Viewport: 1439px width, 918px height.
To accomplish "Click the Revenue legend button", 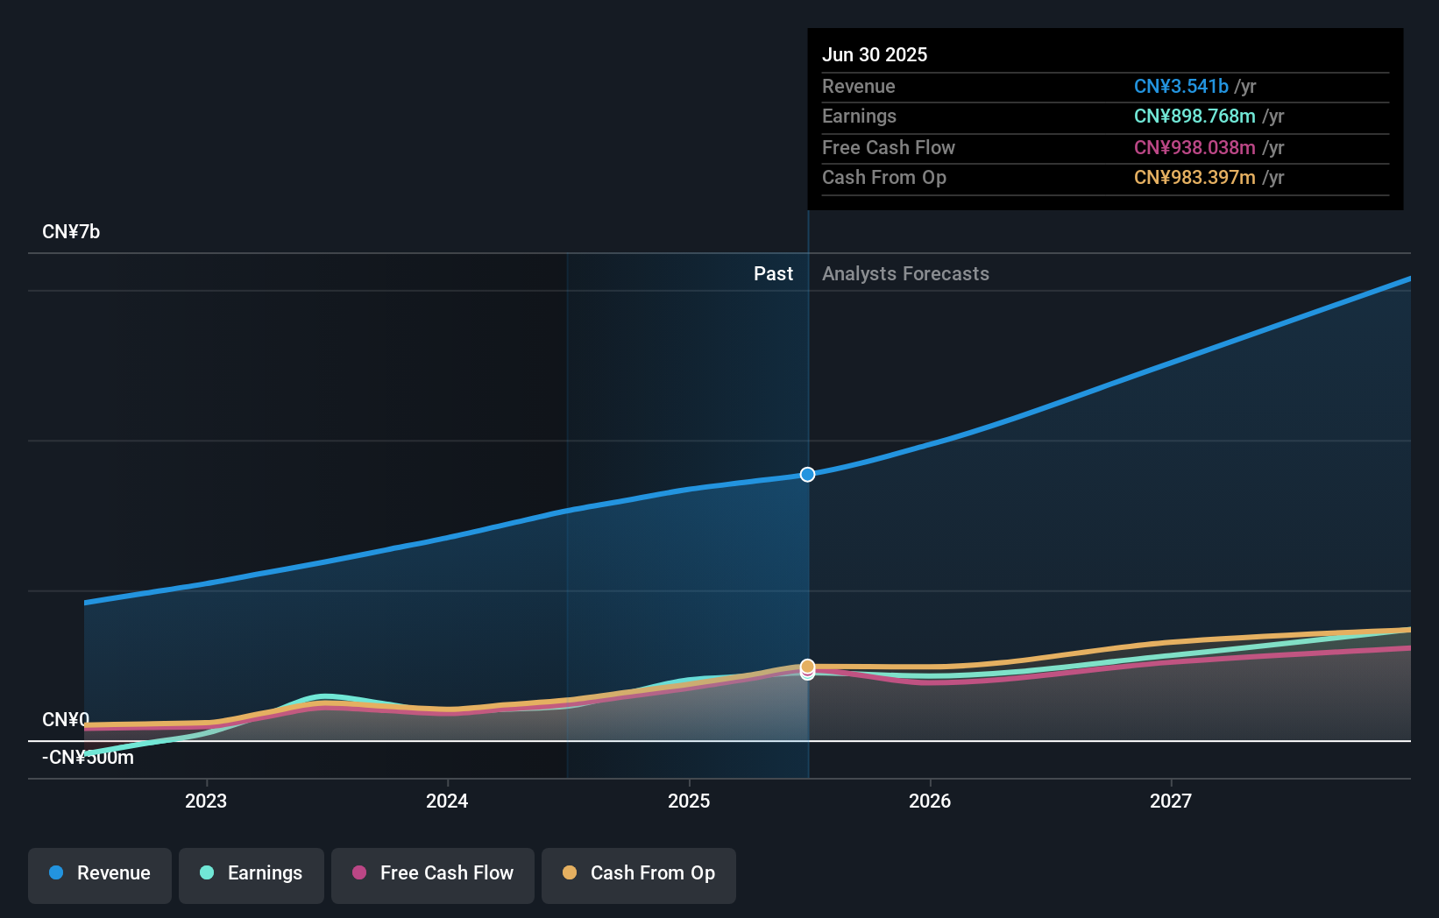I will (100, 874).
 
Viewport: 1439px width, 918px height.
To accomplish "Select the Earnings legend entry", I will (252, 874).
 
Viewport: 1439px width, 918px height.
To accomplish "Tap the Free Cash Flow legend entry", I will (433, 874).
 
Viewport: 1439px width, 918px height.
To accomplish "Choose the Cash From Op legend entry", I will (639, 874).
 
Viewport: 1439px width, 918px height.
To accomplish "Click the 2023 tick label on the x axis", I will (206, 801).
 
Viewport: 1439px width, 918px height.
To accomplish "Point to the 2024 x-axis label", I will (447, 801).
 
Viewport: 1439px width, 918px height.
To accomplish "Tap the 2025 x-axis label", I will (689, 801).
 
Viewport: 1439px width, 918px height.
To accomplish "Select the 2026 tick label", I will (930, 801).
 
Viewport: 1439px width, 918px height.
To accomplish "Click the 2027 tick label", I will (1171, 801).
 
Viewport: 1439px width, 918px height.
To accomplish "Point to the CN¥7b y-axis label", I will (71, 232).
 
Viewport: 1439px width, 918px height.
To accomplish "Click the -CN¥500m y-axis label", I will (88, 758).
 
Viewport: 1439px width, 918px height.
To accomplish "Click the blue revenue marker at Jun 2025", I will (807, 475).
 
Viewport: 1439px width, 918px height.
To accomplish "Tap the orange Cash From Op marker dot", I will (807, 667).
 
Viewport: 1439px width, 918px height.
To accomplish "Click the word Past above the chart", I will (773, 274).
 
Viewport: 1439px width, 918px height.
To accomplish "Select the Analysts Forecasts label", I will (905, 274).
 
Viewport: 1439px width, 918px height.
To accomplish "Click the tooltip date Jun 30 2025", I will (875, 55).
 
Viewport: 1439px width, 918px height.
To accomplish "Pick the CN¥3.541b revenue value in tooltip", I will (1180, 87).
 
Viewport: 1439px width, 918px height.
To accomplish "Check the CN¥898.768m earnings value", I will (1194, 117).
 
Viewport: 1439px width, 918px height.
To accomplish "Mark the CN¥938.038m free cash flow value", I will (1194, 148).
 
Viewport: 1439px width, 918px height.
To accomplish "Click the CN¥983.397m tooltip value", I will (1194, 178).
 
